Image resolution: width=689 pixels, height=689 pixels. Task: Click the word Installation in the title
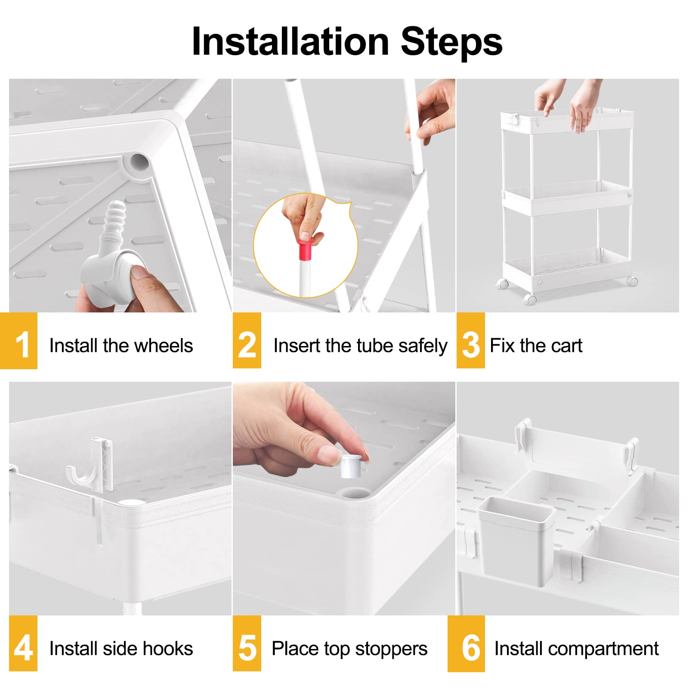point(290,41)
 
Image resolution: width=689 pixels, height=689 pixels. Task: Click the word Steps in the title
point(451,41)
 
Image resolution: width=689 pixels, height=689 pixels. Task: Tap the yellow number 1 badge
point(19,341)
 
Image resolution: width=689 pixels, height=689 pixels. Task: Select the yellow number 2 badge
point(247,340)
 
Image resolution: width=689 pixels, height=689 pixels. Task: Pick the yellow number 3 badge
point(471,340)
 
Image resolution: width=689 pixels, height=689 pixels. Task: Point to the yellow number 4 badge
point(23,643)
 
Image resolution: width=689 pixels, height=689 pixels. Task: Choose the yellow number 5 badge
point(247,643)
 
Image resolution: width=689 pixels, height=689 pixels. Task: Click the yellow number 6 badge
point(466,643)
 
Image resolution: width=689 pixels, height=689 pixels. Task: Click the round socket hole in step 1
point(139,162)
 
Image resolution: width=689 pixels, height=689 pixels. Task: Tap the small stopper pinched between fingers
point(351,465)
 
